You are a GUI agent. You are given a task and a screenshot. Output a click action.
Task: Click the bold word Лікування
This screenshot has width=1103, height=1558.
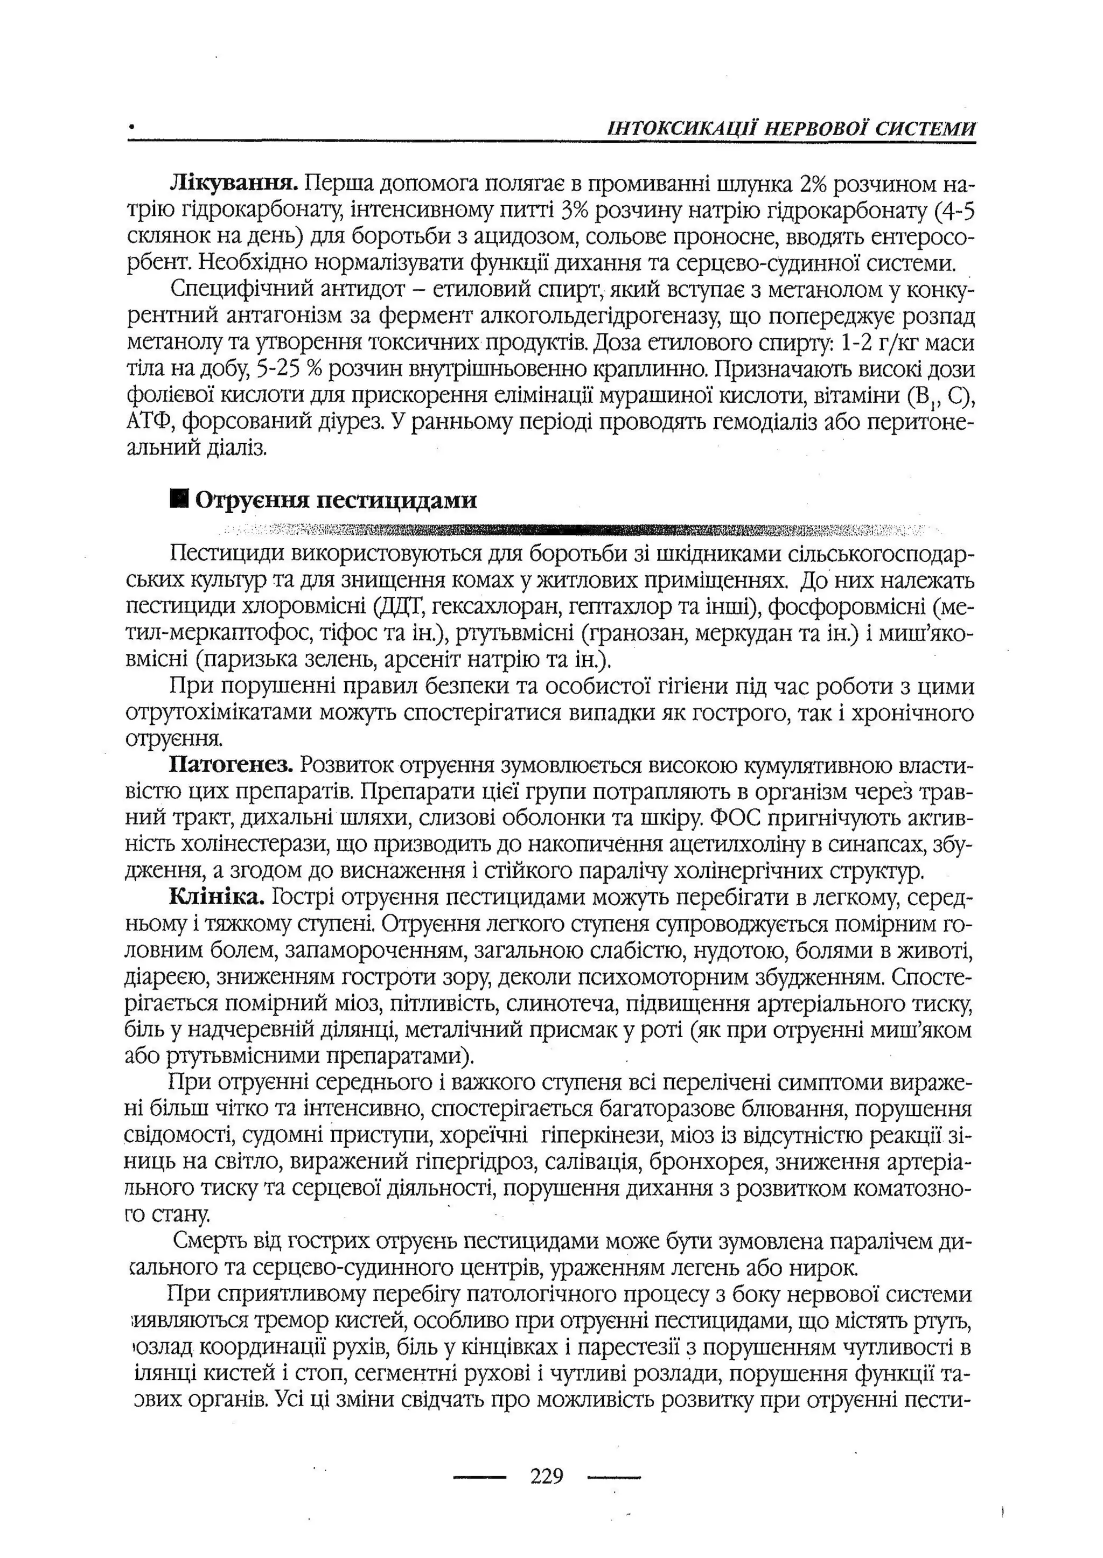[x=234, y=184]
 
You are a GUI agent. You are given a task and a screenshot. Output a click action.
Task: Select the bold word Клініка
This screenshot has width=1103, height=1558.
[x=217, y=898]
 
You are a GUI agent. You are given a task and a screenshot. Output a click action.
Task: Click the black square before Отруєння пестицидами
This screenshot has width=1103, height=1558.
[x=179, y=500]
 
